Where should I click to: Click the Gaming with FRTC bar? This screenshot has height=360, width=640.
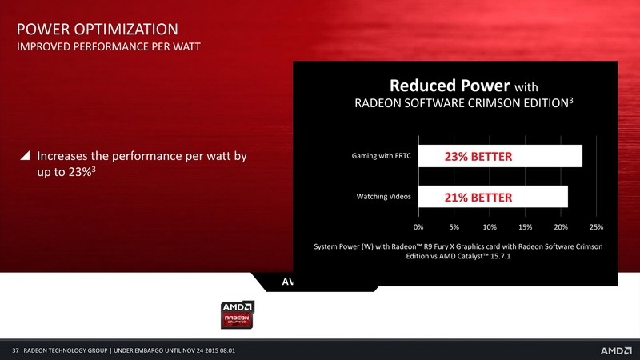pos(501,156)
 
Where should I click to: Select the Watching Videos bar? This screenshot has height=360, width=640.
pos(493,197)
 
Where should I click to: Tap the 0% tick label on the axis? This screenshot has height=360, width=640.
pos(418,227)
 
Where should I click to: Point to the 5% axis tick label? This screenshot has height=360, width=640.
pos(454,227)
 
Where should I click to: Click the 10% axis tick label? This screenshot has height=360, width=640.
pos(490,227)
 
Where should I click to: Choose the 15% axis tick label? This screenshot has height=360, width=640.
pos(526,227)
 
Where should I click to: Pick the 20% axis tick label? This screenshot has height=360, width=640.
pos(561,227)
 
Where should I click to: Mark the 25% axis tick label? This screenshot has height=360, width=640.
pos(596,227)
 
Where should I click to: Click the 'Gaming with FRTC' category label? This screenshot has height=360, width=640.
pos(382,156)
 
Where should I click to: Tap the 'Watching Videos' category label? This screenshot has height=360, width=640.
pos(384,196)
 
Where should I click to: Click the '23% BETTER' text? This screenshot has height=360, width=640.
pos(478,157)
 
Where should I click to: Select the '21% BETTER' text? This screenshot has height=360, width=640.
pos(478,198)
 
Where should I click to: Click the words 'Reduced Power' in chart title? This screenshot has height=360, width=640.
pos(450,86)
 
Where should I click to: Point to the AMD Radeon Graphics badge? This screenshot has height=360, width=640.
pos(237,314)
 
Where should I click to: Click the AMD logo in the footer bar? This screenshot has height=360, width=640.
pos(616,350)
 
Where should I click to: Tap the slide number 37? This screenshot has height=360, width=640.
pos(15,350)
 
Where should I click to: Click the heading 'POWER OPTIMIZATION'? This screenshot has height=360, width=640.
pos(97,30)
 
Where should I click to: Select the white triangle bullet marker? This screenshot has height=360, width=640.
pos(26,155)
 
